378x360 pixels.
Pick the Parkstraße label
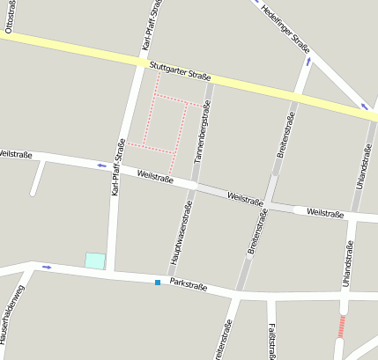coord(189,285)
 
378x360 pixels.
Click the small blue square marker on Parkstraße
coord(158,283)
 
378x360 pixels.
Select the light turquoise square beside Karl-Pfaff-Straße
coord(94,261)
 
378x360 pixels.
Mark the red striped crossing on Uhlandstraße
coord(342,326)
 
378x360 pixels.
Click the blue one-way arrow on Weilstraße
coord(101,165)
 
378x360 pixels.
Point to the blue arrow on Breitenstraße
coord(308,62)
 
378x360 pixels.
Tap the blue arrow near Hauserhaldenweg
coord(47,267)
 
